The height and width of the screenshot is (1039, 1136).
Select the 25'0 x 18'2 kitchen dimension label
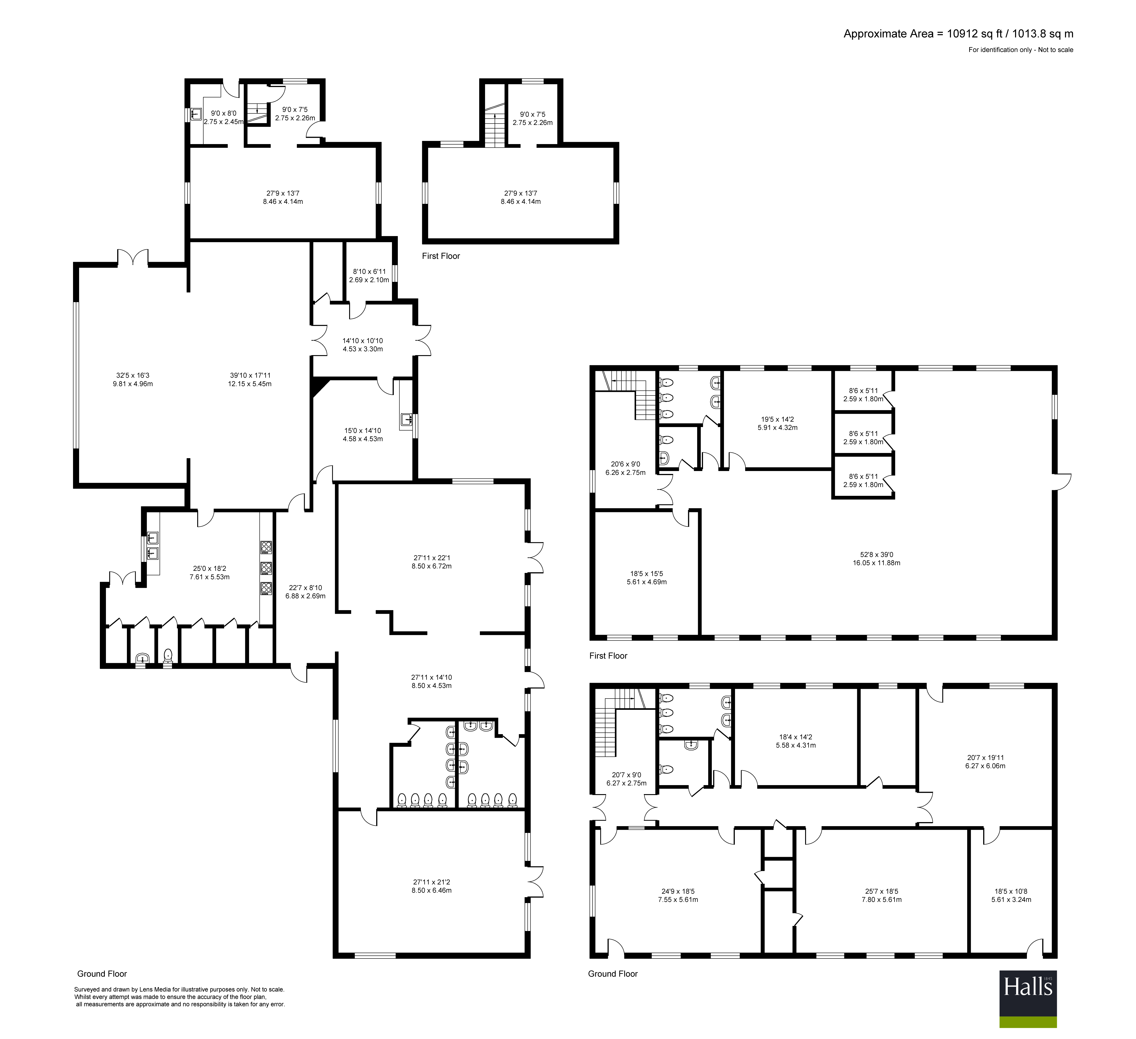(210, 573)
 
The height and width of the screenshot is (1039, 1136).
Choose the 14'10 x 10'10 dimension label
(363, 345)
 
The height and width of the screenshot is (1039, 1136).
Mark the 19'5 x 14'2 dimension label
(778, 423)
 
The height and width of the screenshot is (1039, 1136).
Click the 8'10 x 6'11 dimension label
(369, 275)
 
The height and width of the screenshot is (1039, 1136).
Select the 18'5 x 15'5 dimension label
(647, 577)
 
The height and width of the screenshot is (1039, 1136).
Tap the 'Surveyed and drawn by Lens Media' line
(179, 989)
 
